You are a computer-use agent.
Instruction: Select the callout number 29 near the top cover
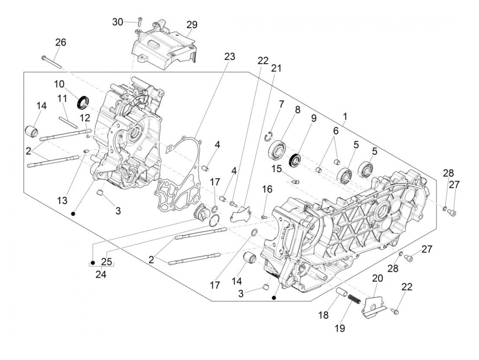point(192,25)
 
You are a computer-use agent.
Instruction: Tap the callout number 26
point(61,42)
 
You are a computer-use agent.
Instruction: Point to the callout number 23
point(230,56)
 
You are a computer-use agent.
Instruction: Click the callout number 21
point(276,68)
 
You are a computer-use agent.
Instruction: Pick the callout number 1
point(345,117)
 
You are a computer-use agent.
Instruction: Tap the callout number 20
point(377,279)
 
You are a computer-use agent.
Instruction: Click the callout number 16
point(267,189)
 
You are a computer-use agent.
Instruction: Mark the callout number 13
point(62,200)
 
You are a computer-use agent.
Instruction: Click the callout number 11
point(62,99)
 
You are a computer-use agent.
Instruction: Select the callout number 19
point(340,328)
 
